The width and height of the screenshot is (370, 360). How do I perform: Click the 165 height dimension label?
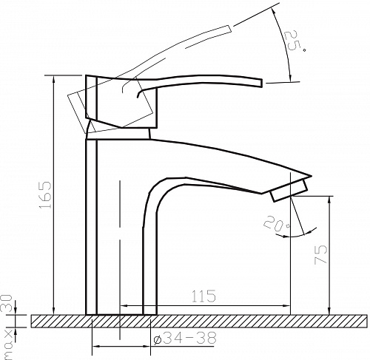point(45,195)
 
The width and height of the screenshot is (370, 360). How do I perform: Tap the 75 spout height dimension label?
point(320,254)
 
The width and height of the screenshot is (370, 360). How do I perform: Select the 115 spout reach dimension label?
point(203,296)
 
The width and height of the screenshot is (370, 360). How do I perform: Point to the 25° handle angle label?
point(295,41)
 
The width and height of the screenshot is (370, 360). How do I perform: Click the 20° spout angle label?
point(277,224)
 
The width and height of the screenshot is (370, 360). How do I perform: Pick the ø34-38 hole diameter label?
point(185,338)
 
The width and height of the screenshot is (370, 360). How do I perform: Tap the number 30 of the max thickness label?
point(7,303)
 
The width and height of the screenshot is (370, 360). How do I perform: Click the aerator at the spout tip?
point(289,191)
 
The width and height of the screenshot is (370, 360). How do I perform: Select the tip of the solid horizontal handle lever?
point(261,83)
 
